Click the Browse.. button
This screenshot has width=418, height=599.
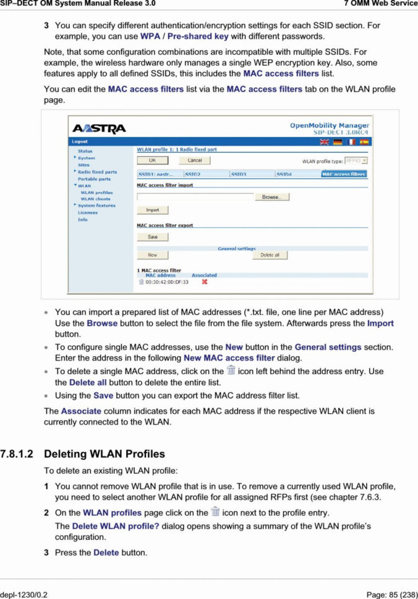[271, 197]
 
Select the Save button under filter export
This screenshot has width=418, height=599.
[152, 237]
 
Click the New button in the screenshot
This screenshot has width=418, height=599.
[152, 255]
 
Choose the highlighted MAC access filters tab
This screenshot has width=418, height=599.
[344, 175]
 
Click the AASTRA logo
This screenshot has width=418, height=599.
[99, 128]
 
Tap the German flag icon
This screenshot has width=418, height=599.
[338, 142]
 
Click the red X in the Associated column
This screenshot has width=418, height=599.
[204, 282]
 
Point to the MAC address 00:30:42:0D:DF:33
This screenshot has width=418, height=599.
[167, 282]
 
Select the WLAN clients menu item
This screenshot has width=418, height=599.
[95, 199]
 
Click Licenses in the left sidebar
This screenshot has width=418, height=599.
[87, 212]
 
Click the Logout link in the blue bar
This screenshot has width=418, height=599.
[80, 142]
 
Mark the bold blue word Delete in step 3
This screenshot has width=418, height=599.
[106, 552]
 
